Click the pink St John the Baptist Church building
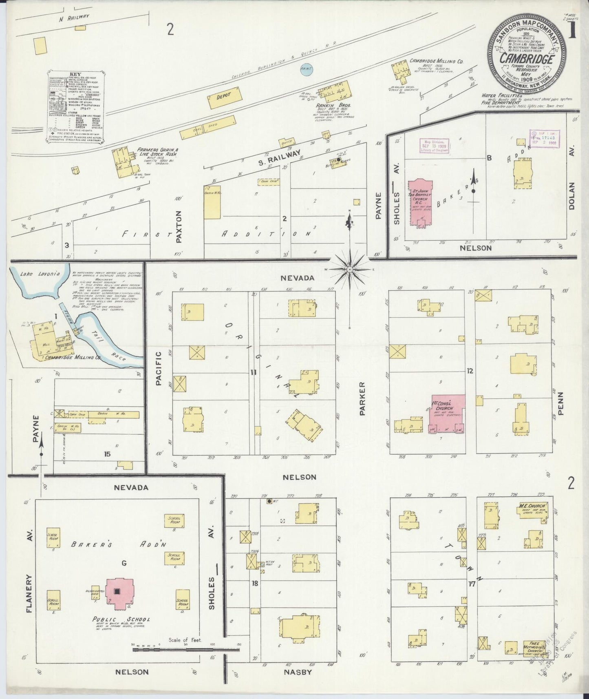tap(420, 201)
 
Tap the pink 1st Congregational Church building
tap(447, 413)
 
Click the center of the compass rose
tap(350, 270)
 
